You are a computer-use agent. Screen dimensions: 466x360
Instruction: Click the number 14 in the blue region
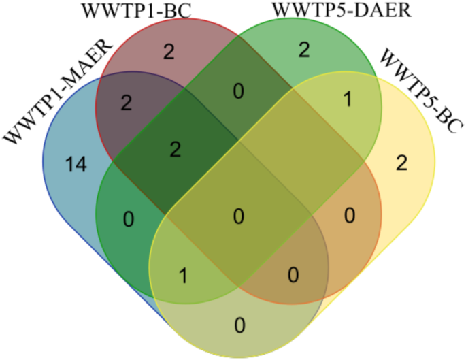click(76, 165)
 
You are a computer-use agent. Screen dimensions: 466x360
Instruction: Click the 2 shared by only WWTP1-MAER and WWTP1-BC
click(125, 102)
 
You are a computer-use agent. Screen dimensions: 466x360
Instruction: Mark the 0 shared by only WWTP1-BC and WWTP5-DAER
click(238, 90)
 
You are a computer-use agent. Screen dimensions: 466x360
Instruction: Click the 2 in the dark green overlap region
click(175, 150)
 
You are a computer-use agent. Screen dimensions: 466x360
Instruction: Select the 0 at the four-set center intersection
click(238, 216)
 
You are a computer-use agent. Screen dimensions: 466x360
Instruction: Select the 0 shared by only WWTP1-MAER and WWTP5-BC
click(238, 325)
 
